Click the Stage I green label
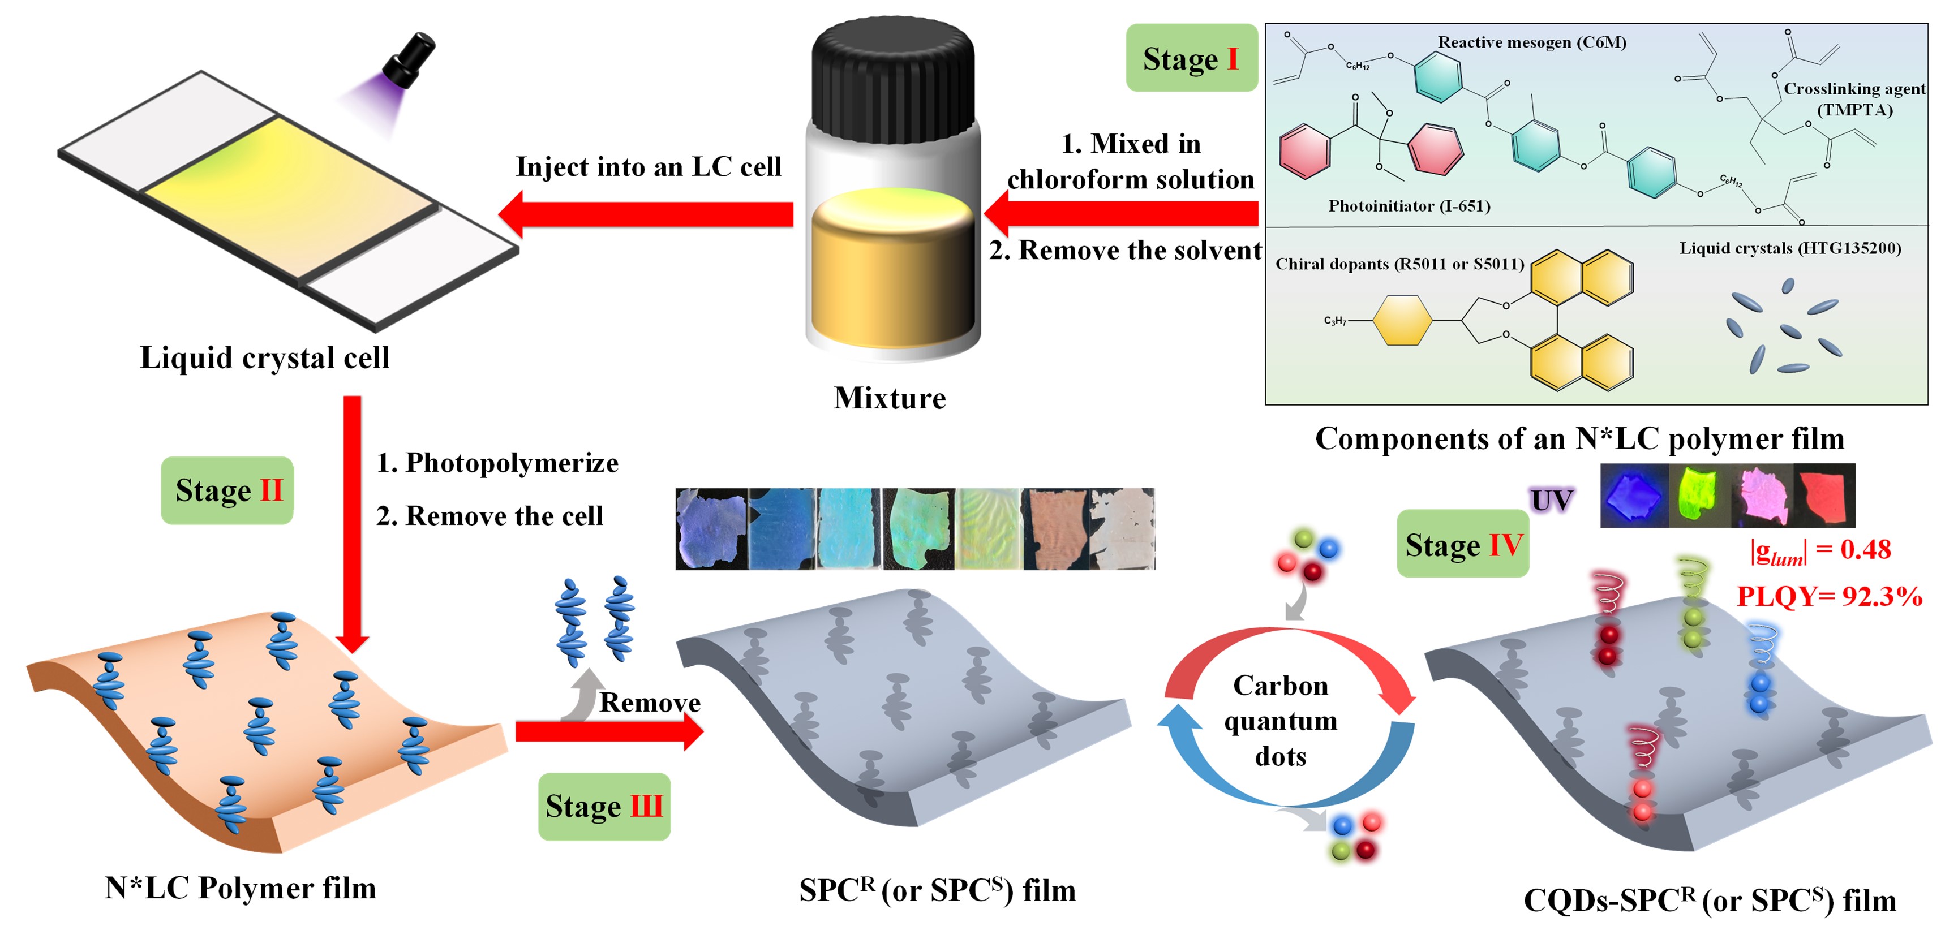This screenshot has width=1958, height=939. [1191, 58]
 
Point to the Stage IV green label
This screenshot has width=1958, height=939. [1462, 544]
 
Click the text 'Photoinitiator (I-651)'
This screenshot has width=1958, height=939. [1409, 206]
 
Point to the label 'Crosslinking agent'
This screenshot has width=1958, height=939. [1854, 89]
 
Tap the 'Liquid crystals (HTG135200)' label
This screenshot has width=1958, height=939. [1789, 248]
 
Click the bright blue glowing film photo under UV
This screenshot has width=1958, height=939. [1633, 496]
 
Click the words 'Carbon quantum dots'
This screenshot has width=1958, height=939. [1280, 720]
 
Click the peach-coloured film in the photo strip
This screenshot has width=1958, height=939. [1055, 529]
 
